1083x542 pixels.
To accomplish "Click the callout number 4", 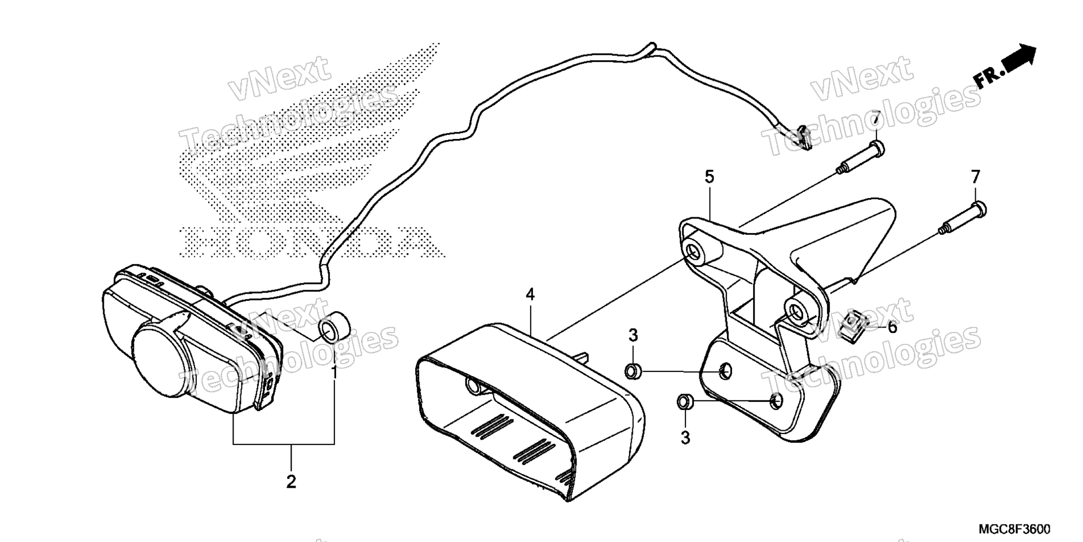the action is click(x=530, y=294).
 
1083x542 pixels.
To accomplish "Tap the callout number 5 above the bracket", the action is click(x=709, y=177).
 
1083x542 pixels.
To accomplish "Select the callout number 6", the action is click(x=892, y=327).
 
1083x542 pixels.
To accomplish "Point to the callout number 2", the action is click(x=291, y=482).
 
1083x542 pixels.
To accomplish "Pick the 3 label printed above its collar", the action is click(x=633, y=335).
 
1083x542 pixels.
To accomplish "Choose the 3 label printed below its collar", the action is click(x=685, y=438).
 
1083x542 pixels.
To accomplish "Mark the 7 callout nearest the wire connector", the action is click(x=875, y=119).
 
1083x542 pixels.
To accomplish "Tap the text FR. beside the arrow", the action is click(x=988, y=77).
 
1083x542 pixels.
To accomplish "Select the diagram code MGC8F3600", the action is click(x=1014, y=528).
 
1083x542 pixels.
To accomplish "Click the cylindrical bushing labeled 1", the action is click(x=333, y=328).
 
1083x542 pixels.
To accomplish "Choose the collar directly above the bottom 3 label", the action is click(x=685, y=402).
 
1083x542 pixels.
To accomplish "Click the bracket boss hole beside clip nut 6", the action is click(x=797, y=312).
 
